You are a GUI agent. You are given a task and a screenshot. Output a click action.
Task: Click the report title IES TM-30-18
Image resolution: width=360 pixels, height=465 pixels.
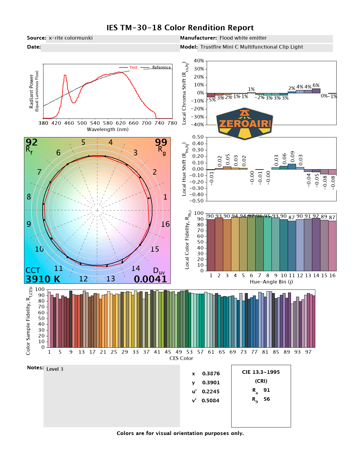(180, 28)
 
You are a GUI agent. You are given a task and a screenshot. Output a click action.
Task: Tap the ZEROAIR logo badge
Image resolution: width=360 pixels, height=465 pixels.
(245, 124)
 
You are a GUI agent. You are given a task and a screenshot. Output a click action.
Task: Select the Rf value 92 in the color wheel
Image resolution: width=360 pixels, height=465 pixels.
(31, 142)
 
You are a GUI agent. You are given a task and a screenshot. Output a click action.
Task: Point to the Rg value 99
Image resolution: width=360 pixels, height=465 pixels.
(161, 142)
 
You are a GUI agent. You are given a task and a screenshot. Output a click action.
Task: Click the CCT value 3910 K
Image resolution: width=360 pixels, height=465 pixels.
(43, 279)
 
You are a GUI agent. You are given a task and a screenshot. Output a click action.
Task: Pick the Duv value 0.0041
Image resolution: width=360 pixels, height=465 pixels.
(150, 279)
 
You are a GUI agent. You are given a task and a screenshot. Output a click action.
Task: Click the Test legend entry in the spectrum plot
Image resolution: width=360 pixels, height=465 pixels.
(133, 67)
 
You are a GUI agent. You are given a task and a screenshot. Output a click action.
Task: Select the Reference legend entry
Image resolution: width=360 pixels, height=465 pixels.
(161, 67)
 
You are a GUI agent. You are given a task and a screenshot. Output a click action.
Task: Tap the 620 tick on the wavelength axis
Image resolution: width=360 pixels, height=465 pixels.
(121, 123)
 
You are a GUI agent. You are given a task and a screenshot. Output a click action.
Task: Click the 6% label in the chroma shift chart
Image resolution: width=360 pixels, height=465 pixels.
(316, 85)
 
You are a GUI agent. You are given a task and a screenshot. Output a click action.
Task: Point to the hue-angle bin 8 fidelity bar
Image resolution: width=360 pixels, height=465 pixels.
(268, 244)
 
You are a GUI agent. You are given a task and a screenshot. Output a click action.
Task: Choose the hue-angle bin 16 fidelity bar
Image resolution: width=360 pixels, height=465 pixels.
(332, 246)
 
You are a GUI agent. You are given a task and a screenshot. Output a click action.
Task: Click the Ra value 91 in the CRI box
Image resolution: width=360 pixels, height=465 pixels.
(266, 390)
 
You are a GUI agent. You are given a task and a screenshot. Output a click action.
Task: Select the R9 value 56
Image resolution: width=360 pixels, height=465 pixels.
(266, 399)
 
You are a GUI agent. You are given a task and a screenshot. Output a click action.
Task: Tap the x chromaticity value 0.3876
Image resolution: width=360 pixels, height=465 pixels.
(211, 373)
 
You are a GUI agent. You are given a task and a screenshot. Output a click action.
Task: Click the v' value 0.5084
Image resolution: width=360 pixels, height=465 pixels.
(210, 400)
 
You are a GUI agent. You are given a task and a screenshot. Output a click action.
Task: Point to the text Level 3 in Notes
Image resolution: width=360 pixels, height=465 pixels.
(55, 369)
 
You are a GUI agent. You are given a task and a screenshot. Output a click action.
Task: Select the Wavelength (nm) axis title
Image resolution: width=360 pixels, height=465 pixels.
(108, 130)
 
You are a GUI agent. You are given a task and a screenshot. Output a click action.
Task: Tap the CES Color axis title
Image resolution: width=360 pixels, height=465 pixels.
(181, 358)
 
